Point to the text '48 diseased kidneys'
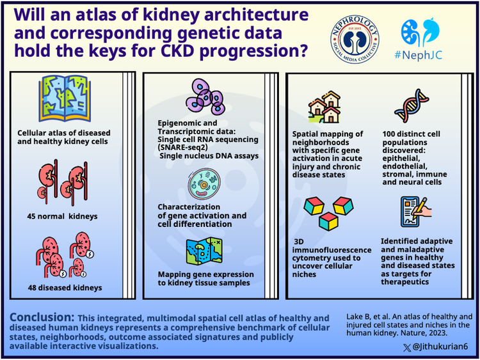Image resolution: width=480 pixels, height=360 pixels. (65, 288)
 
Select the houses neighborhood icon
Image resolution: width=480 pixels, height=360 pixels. (324, 109)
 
